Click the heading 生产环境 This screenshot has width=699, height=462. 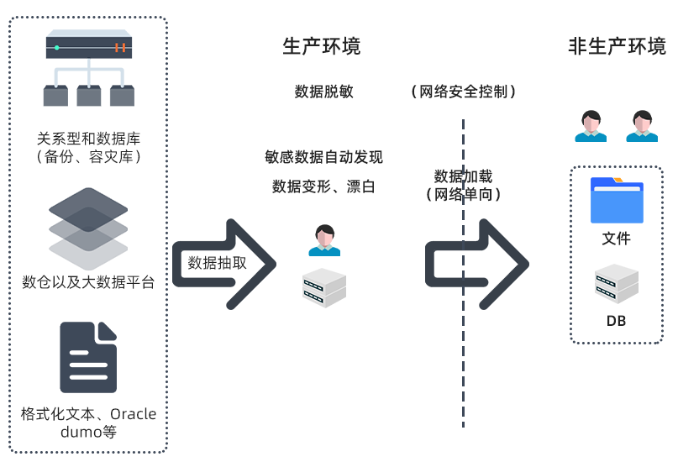pos(321,46)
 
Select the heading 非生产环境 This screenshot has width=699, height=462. pos(617,46)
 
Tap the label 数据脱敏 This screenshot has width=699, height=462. pos(323,92)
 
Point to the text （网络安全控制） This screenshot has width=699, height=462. pos(463,92)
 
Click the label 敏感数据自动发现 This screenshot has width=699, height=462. pos(323,157)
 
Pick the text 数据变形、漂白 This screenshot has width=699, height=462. pos(323,186)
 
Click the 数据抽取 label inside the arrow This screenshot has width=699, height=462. pos(217,262)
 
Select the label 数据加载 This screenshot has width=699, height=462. pos(462,176)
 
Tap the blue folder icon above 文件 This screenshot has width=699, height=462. pos(616,200)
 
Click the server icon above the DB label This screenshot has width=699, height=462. pos(616,284)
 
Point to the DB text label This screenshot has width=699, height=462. pos(616,321)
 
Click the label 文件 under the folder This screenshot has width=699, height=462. pos(616,239)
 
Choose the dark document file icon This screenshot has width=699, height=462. pos(88,357)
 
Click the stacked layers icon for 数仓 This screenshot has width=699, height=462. pos(88,224)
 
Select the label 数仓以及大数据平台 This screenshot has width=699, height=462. pos(88,281)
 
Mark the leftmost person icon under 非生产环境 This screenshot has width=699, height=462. pos(591,126)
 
